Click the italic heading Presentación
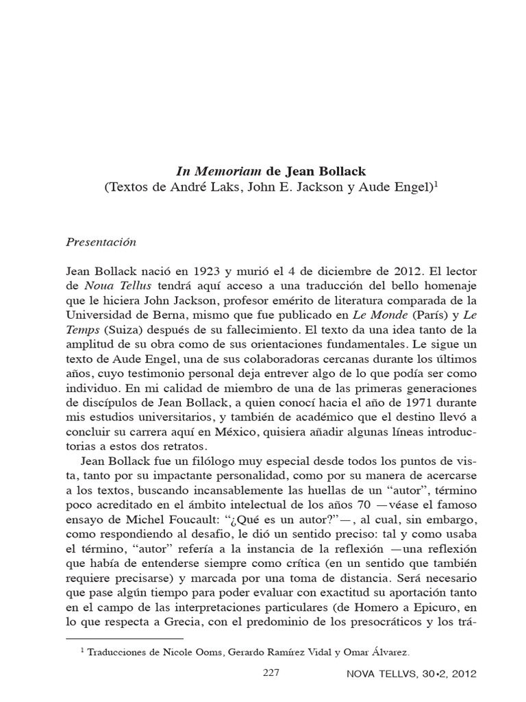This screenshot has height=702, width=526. (x=101, y=243)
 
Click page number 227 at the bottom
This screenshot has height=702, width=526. (x=272, y=674)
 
